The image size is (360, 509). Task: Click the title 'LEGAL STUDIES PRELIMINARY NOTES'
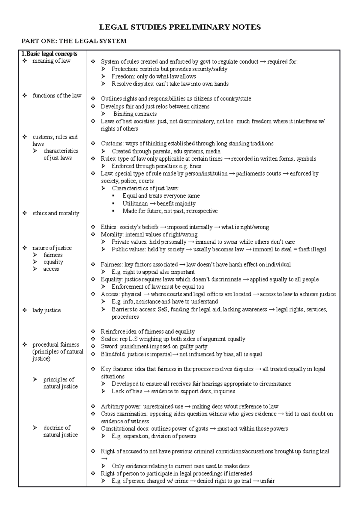(x=180, y=27)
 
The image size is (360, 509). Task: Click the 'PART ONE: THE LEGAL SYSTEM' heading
(x=73, y=41)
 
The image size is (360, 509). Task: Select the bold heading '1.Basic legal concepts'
(x=49, y=54)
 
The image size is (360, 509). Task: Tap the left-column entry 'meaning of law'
(x=51, y=61)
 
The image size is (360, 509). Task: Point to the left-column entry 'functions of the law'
(x=57, y=96)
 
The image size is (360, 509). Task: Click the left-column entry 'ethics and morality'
(x=56, y=213)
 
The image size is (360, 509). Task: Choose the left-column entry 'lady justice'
(x=46, y=310)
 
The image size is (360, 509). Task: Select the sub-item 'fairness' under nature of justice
(x=53, y=255)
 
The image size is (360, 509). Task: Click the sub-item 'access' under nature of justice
(x=51, y=269)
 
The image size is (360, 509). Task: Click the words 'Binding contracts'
(x=135, y=114)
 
